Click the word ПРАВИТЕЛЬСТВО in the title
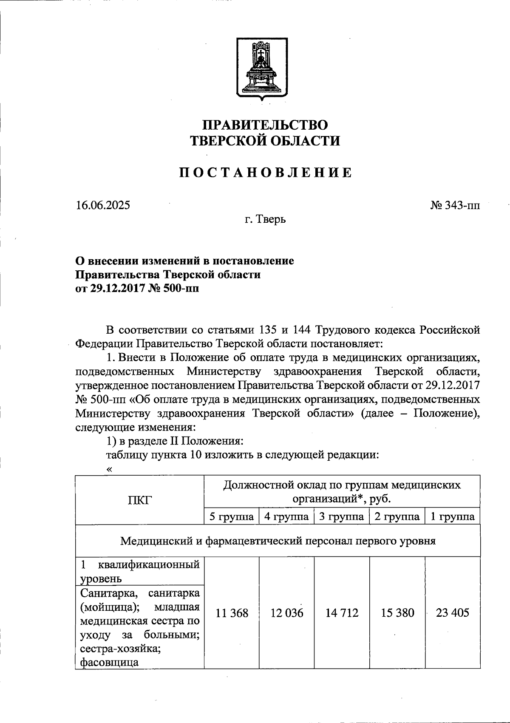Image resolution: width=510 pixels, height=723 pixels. tap(265, 125)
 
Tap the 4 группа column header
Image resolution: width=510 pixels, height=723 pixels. tap(287, 517)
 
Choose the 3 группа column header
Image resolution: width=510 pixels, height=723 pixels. tap(342, 517)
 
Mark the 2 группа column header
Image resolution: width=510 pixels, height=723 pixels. tap(397, 517)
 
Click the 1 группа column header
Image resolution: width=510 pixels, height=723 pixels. tap(453, 517)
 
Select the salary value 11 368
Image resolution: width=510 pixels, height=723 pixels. tap(232, 613)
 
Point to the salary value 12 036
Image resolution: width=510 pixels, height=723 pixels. tap(287, 613)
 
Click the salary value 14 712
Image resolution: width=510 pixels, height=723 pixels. tap(342, 613)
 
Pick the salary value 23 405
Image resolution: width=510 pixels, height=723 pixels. tap(453, 613)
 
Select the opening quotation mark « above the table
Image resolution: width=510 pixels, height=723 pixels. tap(110, 469)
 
